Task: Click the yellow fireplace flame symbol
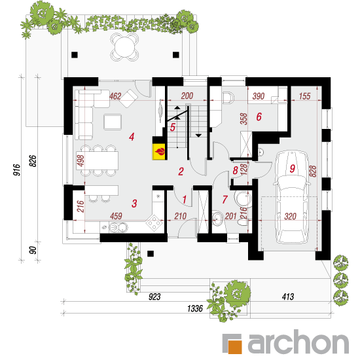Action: [x=159, y=151]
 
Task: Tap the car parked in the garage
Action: [x=291, y=197]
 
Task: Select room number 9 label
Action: [x=293, y=168]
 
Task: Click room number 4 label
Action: [x=132, y=137]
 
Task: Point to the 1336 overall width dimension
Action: [x=195, y=308]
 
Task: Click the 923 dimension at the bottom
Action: [x=154, y=297]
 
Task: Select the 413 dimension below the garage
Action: [x=288, y=297]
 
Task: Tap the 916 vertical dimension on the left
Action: [x=16, y=170]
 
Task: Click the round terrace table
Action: [x=124, y=47]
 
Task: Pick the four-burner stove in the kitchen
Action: [x=154, y=222]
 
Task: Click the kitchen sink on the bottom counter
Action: [x=118, y=227]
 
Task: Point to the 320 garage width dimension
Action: [x=290, y=216]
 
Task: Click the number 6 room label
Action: [x=259, y=117]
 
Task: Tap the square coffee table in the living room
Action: [x=113, y=122]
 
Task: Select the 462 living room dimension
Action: [x=115, y=96]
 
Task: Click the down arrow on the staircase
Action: [x=198, y=135]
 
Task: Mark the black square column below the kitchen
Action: [x=151, y=254]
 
